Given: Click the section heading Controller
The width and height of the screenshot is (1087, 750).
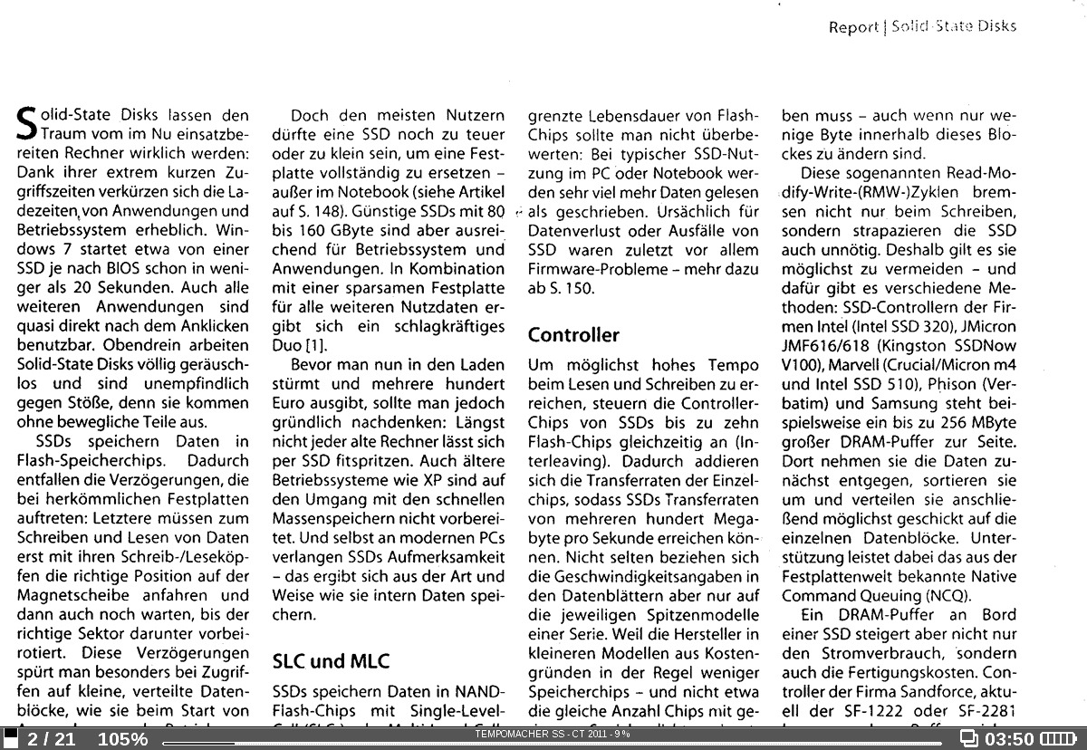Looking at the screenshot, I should tap(573, 335).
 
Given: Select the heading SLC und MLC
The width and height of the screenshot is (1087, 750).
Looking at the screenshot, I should tap(331, 661).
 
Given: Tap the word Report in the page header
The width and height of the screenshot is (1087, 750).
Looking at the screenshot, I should tap(853, 27).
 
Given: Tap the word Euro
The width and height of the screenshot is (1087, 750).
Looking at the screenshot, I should tap(288, 404).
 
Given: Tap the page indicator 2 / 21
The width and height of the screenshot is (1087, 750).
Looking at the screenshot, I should tap(51, 739).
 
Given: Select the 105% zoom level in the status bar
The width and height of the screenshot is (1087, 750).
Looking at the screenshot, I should tap(122, 739).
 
